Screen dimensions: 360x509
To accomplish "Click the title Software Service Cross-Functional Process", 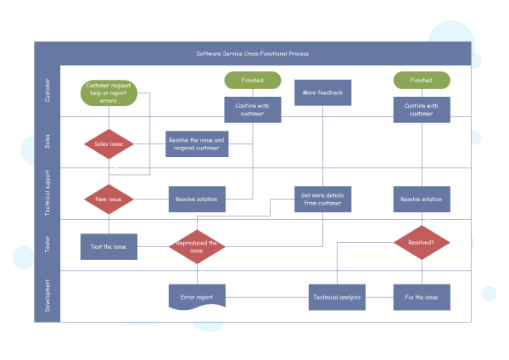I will (x=252, y=53).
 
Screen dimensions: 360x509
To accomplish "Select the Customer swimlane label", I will (x=47, y=91).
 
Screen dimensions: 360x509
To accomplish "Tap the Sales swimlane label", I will (x=47, y=142).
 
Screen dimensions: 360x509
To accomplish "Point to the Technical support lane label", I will (x=47, y=194).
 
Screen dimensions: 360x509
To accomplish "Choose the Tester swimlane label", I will (x=47, y=245).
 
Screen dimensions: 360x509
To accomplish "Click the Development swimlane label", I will (x=47, y=295).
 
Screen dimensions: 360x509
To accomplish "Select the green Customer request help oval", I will (x=108, y=93).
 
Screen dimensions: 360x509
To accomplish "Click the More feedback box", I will (x=322, y=93).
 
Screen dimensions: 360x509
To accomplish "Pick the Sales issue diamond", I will (x=109, y=144).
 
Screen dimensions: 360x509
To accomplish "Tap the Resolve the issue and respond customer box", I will (x=197, y=144).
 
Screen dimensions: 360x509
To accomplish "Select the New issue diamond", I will (x=109, y=200).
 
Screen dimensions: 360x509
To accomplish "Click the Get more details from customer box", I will (x=322, y=200).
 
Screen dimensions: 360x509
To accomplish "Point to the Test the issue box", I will (x=109, y=247).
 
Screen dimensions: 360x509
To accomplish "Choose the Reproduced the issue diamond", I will (x=197, y=247).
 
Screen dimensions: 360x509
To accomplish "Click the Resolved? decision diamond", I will (x=422, y=242).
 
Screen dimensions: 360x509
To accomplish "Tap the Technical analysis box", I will (x=337, y=297).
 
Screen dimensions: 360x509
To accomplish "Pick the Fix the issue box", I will (x=422, y=297).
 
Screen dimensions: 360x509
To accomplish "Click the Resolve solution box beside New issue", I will (x=197, y=200).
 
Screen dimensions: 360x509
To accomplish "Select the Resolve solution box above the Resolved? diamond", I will (x=422, y=200).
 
